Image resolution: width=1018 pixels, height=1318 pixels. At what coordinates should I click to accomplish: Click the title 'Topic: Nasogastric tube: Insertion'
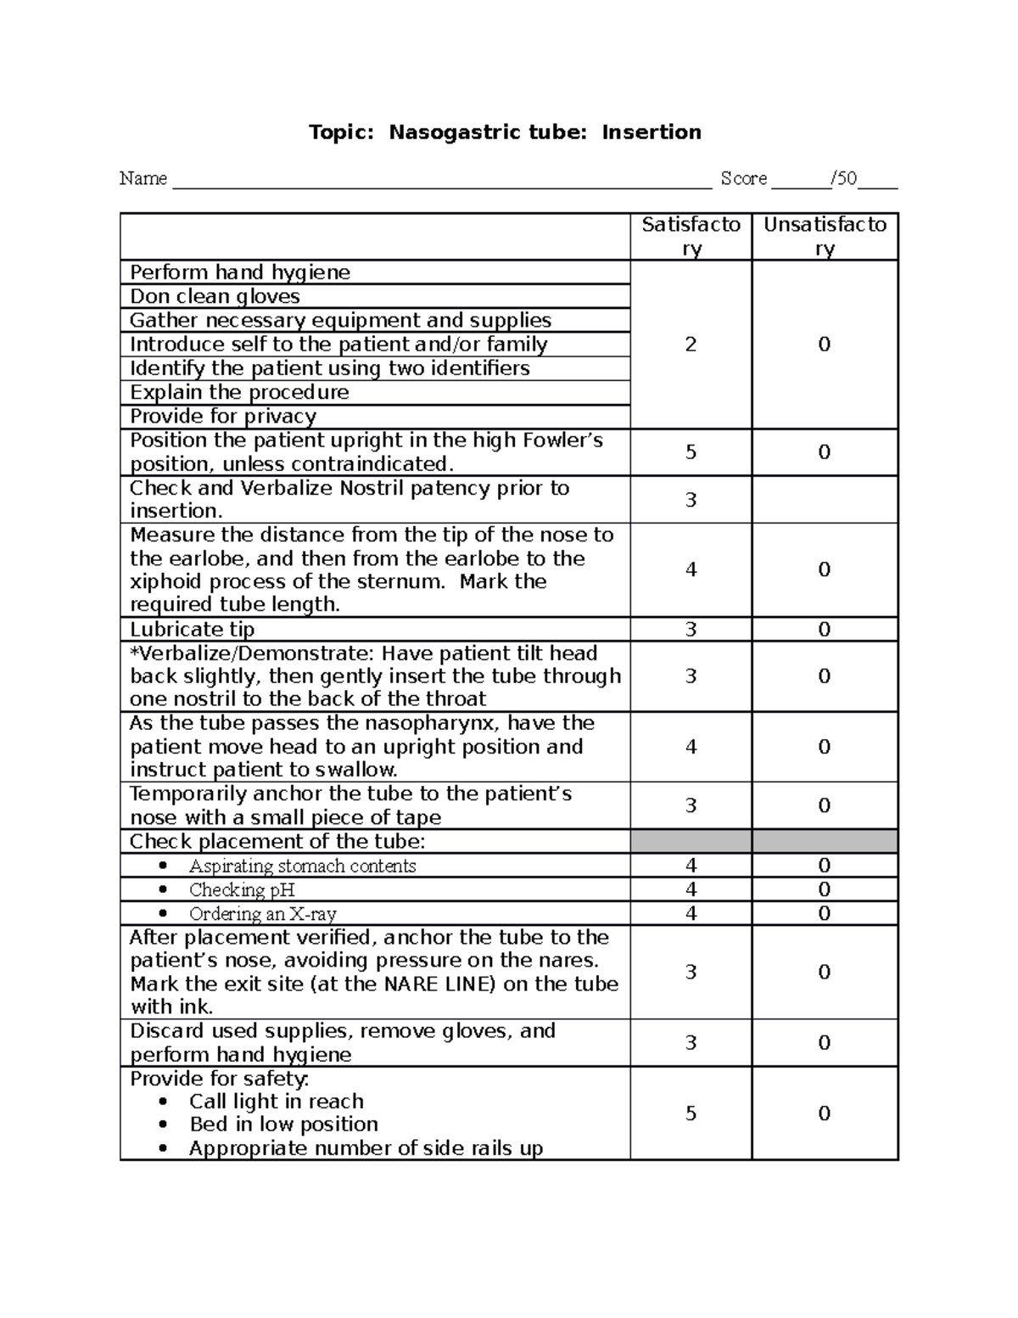coord(505,132)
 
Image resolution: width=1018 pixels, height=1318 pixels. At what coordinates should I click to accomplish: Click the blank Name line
coord(441,181)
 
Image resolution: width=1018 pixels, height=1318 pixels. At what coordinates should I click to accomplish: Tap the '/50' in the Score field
coord(844,178)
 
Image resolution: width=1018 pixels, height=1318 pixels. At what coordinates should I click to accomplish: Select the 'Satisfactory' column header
coord(691,236)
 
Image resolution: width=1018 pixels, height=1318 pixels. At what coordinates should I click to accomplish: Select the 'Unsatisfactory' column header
coord(825,236)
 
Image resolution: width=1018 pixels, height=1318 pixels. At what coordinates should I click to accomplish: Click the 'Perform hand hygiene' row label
coord(240,272)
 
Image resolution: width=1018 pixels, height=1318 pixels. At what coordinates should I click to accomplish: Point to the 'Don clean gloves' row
coord(215,296)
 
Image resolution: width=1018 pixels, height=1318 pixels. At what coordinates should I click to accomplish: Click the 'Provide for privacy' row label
coord(223,416)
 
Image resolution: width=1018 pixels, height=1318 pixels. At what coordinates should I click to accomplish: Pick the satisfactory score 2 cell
coord(691,344)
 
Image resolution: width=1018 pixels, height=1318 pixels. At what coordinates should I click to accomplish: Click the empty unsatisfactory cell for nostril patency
coord(825,499)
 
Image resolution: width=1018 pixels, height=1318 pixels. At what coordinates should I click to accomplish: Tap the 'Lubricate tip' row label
coord(192,629)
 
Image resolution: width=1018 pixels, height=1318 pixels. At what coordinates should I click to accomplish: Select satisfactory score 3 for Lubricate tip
coord(691,629)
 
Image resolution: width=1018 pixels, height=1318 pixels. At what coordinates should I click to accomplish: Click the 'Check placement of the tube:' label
coord(277,841)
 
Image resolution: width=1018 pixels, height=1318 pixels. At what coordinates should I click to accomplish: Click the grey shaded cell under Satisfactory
coord(691,841)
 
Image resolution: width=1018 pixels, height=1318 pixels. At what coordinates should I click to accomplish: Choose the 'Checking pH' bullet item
coord(242,889)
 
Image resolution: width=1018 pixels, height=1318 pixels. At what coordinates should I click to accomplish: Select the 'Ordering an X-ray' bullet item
coord(262,914)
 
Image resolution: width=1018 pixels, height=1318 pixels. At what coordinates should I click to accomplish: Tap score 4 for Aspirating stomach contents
coord(691,866)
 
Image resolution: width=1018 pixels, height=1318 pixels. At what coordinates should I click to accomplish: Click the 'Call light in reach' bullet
coord(276,1101)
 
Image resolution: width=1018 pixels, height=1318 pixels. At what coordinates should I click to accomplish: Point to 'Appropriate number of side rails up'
coord(366,1148)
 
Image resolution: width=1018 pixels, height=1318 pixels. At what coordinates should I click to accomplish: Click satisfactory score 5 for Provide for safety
coord(691,1113)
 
